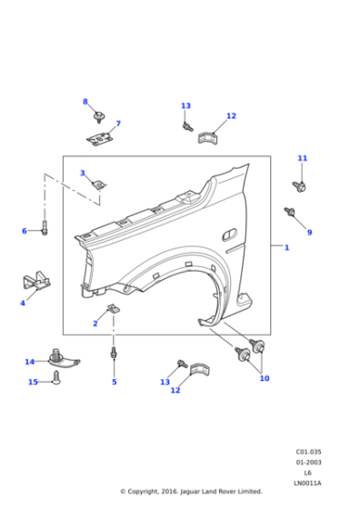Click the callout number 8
[x=85, y=102]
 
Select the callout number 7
[x=117, y=124]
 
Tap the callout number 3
[x=82, y=173]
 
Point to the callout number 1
[x=286, y=247]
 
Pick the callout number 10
[x=265, y=378]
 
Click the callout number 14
[x=29, y=362]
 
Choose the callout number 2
[x=95, y=324]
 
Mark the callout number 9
[x=309, y=233]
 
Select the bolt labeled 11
[x=299, y=186]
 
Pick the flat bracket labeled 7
[x=100, y=138]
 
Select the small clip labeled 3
[x=99, y=185]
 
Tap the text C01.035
[x=308, y=452]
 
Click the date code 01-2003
[x=308, y=463]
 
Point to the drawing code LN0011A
[x=308, y=483]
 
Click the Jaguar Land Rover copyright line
[x=191, y=492]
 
